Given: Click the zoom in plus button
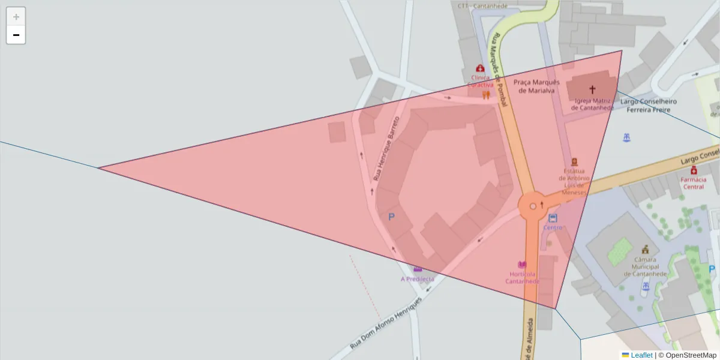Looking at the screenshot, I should [16, 17].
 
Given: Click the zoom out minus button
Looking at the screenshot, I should [16, 35].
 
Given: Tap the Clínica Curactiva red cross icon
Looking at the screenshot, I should [480, 68].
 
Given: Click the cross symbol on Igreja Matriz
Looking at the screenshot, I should [592, 89].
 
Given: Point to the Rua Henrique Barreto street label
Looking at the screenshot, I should [386, 149].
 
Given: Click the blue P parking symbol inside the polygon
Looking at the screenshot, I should [392, 217].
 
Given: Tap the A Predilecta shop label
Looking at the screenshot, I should [417, 279].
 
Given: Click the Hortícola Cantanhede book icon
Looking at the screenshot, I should [522, 265].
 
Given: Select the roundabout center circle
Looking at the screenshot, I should [533, 206].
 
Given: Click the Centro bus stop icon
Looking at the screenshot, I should [553, 218].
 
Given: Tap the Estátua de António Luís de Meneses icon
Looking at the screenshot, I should [574, 161].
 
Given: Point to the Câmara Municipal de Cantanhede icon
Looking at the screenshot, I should [645, 249].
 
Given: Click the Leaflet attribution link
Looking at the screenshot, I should [641, 355].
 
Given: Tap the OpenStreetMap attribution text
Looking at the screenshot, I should [691, 355].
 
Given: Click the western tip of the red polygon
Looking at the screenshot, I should [100, 168].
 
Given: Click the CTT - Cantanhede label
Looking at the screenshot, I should [482, 6].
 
